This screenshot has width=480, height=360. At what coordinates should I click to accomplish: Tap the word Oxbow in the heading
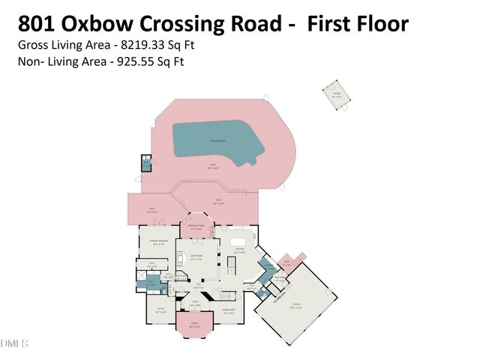click(107, 23)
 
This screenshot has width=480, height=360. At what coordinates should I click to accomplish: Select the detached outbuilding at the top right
click(337, 95)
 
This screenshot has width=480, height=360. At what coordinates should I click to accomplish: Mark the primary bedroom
click(157, 244)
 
